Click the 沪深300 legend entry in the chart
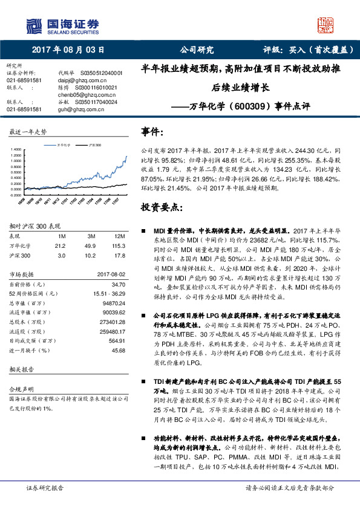pyautogui.click(x=94, y=146)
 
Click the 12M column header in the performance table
pyautogui.click(x=119, y=236)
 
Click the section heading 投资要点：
pyautogui.click(x=160, y=207)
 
